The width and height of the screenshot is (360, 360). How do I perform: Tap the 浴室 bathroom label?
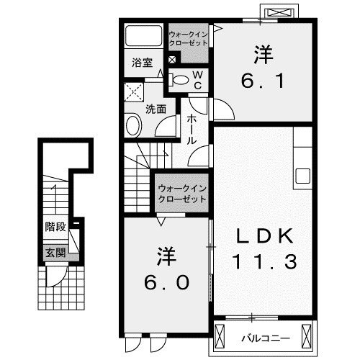[141, 63]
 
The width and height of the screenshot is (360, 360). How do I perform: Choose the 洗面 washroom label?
[156, 109]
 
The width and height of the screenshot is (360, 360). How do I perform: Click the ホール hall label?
[192, 130]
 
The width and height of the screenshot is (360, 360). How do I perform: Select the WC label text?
[198, 79]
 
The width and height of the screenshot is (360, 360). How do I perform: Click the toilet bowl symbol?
[180, 79]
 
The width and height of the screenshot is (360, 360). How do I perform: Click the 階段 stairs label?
[55, 226]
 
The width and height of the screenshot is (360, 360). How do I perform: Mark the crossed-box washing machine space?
[134, 92]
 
